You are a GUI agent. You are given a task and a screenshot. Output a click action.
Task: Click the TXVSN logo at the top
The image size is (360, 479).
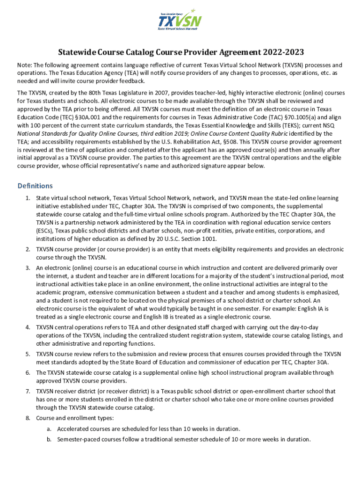(x=180, y=20)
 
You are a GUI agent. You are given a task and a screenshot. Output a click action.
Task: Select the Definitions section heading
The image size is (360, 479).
(x=35, y=186)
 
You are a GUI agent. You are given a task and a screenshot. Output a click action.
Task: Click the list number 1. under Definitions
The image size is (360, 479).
(x=28, y=198)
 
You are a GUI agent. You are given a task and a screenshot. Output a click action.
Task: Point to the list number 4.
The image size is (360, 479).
(x=28, y=327)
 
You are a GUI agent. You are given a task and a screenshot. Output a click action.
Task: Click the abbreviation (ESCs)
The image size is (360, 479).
(x=45, y=231)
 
